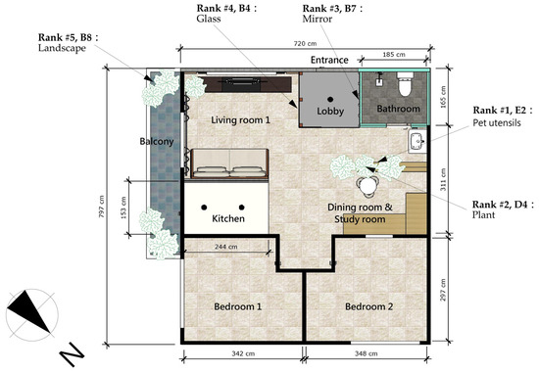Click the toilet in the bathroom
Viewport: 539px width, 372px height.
click(x=404, y=83)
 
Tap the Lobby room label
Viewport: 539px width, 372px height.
click(x=330, y=112)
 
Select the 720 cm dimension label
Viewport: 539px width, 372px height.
click(x=305, y=44)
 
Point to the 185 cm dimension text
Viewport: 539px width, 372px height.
click(x=394, y=54)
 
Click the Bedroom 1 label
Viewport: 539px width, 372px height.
click(x=238, y=306)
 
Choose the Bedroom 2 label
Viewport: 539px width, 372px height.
click(x=368, y=306)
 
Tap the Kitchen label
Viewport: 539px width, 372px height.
click(x=228, y=218)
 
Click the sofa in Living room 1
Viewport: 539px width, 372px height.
click(x=229, y=163)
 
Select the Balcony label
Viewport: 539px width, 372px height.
click(x=157, y=142)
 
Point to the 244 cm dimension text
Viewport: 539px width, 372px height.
click(x=225, y=247)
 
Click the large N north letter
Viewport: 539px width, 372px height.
click(x=72, y=354)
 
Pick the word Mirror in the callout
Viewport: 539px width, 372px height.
click(x=317, y=19)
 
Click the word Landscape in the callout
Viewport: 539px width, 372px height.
click(x=62, y=48)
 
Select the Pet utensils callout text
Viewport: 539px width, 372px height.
click(x=497, y=123)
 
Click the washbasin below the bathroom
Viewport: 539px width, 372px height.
click(x=417, y=141)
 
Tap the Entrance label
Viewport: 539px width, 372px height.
click(x=329, y=60)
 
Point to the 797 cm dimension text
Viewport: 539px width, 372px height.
click(x=101, y=207)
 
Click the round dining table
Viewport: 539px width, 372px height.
click(x=367, y=186)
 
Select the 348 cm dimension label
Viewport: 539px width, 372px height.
click(x=367, y=353)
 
